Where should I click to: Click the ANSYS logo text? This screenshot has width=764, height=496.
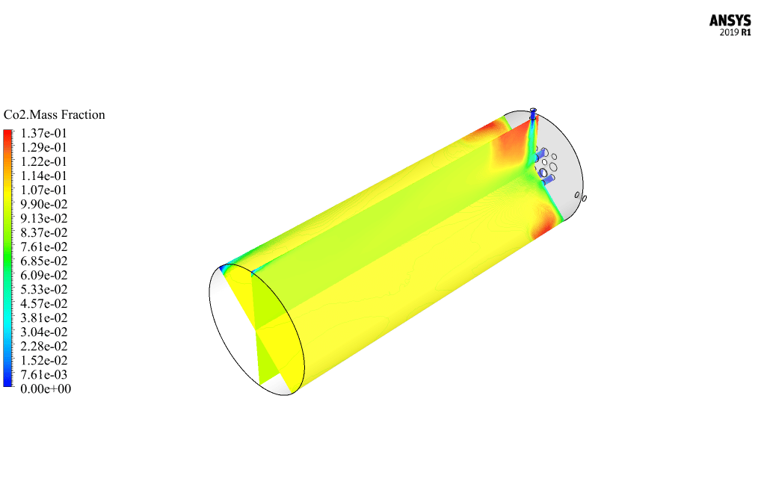point(730,20)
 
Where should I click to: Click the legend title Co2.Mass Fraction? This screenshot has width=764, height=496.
point(54,115)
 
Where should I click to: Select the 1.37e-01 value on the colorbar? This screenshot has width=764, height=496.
point(43,134)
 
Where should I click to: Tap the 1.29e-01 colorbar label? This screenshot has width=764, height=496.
point(43,147)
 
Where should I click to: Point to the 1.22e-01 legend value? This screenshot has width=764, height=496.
point(43,161)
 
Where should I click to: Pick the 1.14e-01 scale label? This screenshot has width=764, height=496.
point(43,176)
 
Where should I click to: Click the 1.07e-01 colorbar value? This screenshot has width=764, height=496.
point(43,190)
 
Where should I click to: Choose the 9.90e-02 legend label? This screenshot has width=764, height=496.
point(44,204)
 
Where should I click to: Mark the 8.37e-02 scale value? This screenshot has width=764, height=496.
point(44,232)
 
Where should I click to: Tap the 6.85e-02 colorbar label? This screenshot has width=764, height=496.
point(44,261)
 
